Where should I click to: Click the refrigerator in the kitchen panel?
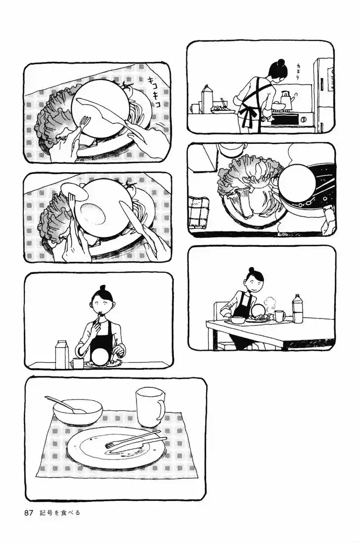(x=323, y=95)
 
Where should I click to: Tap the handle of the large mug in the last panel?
(x=160, y=410)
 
